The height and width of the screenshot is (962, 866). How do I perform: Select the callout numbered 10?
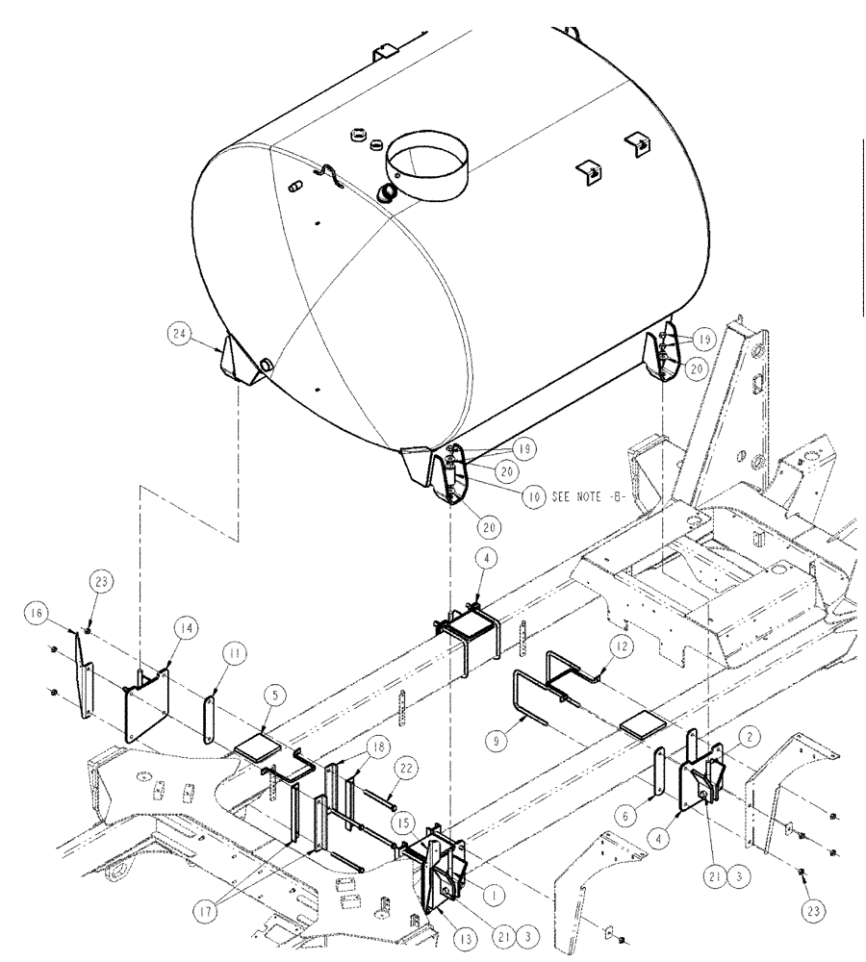(530, 498)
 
